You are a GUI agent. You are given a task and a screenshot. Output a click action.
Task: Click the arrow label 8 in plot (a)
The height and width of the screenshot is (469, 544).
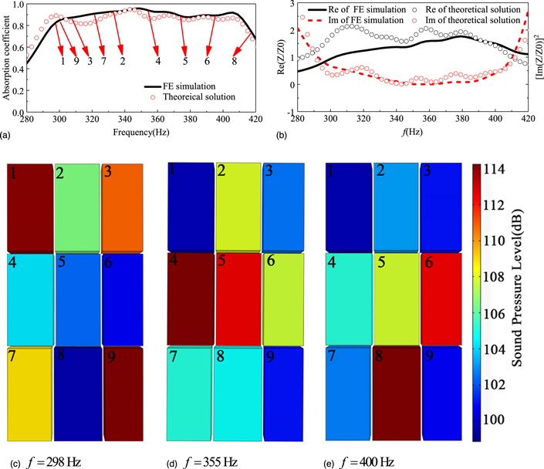click(235, 61)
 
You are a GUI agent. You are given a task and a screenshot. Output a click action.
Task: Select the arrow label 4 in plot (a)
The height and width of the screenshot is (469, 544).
click(157, 61)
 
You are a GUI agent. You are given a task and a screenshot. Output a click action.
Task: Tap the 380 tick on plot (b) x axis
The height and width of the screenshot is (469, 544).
click(463, 120)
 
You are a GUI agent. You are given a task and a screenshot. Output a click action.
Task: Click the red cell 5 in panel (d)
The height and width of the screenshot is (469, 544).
click(237, 298)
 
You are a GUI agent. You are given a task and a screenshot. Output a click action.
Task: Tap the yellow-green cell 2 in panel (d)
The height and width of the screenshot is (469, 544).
click(237, 207)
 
